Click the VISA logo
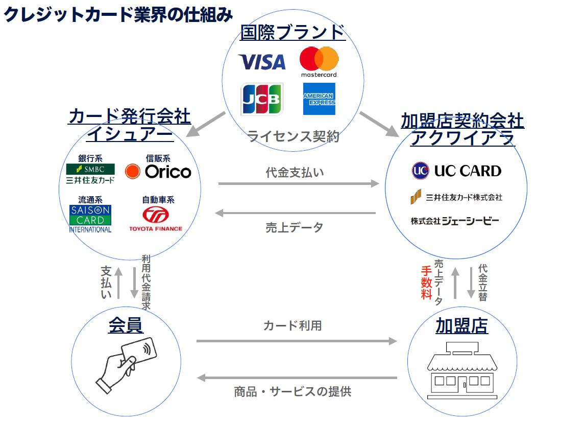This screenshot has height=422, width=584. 262,62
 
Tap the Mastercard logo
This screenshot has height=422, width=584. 319,61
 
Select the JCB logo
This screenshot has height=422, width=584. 261,99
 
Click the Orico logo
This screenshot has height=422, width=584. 158,172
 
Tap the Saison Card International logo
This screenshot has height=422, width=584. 90,219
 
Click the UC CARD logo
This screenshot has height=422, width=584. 456,171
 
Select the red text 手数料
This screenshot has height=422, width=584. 426,283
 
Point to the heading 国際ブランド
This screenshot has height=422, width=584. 293,32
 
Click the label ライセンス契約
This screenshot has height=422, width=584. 293,137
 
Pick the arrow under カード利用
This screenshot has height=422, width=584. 296,341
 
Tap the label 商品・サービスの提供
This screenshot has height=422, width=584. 293,392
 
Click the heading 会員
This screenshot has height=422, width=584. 126,325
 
